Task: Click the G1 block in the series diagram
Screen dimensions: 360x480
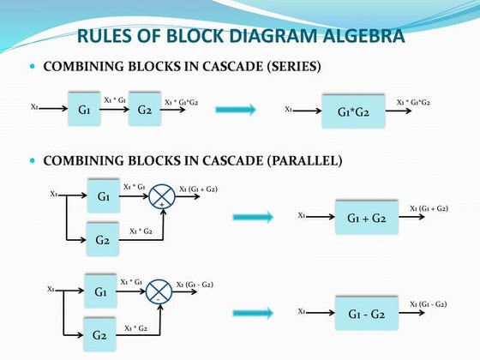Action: click(84, 110)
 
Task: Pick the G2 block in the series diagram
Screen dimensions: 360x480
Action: click(144, 110)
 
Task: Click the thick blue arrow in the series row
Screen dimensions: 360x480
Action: click(236, 110)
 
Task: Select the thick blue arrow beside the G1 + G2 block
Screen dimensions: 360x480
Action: click(253, 218)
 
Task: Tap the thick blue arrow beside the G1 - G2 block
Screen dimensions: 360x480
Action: click(253, 313)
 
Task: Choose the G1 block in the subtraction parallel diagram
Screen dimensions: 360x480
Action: click(101, 291)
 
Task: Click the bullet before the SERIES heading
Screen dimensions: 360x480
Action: click(33, 66)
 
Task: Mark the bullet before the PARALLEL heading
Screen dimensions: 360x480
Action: click(33, 160)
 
